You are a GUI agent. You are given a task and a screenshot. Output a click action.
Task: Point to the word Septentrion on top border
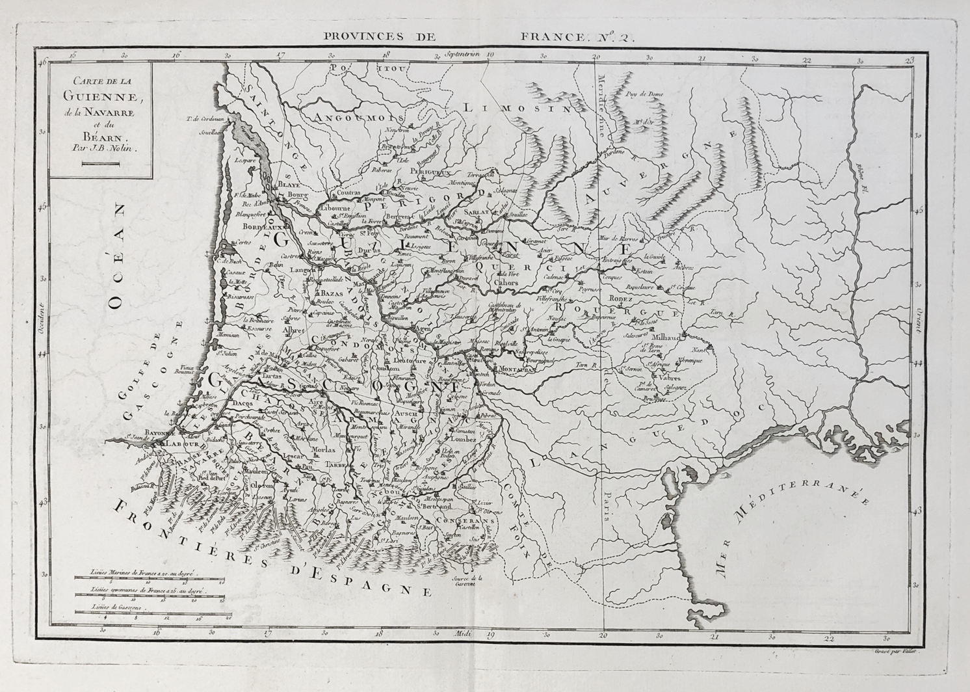click(x=463, y=55)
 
